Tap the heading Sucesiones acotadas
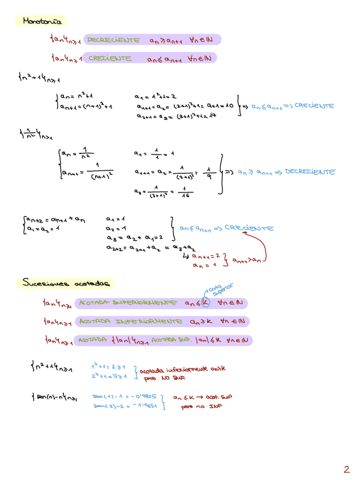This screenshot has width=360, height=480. tap(67, 282)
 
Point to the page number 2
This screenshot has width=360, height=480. tap(346, 469)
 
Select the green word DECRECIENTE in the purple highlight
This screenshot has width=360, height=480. tap(113, 40)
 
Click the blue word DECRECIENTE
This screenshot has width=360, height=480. tap(309, 172)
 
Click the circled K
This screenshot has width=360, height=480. tap(205, 303)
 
